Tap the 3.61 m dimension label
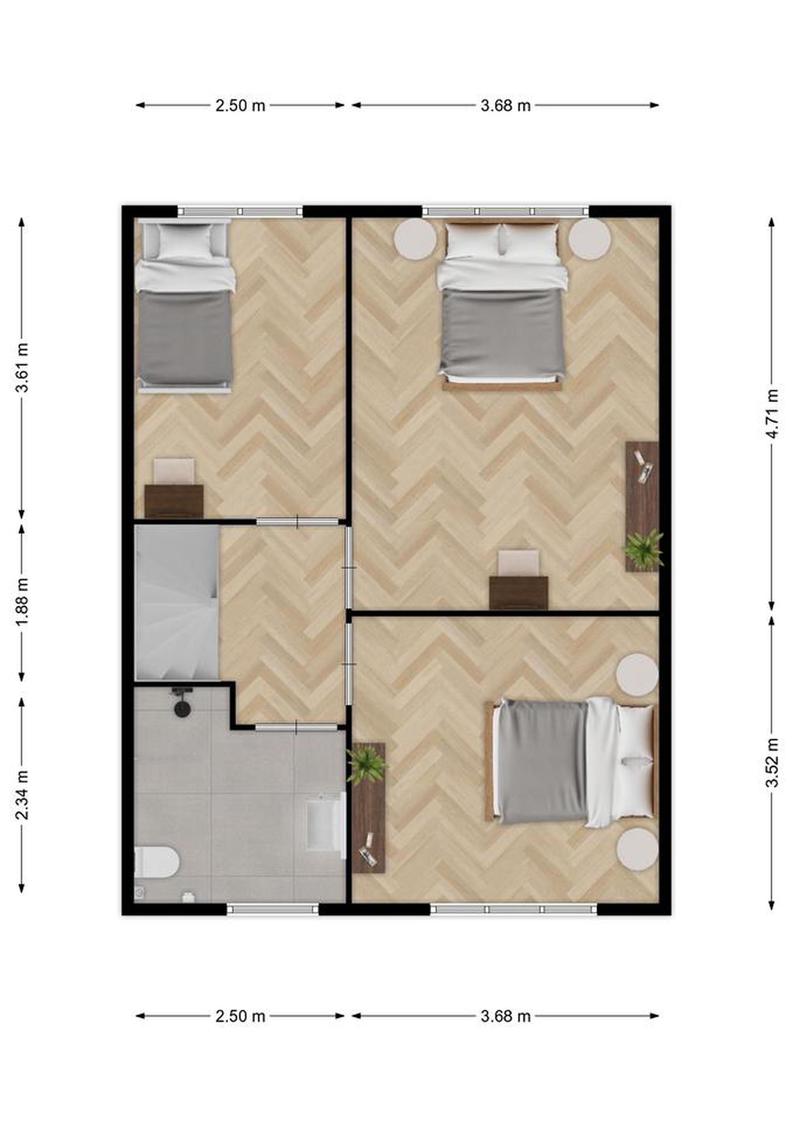coord(22,367)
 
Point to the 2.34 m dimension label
coord(22,795)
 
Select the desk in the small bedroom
coord(174,501)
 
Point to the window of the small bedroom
coord(240,211)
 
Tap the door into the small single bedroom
coord(298,522)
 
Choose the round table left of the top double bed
coord(415,239)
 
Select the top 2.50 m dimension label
coord(240,105)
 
